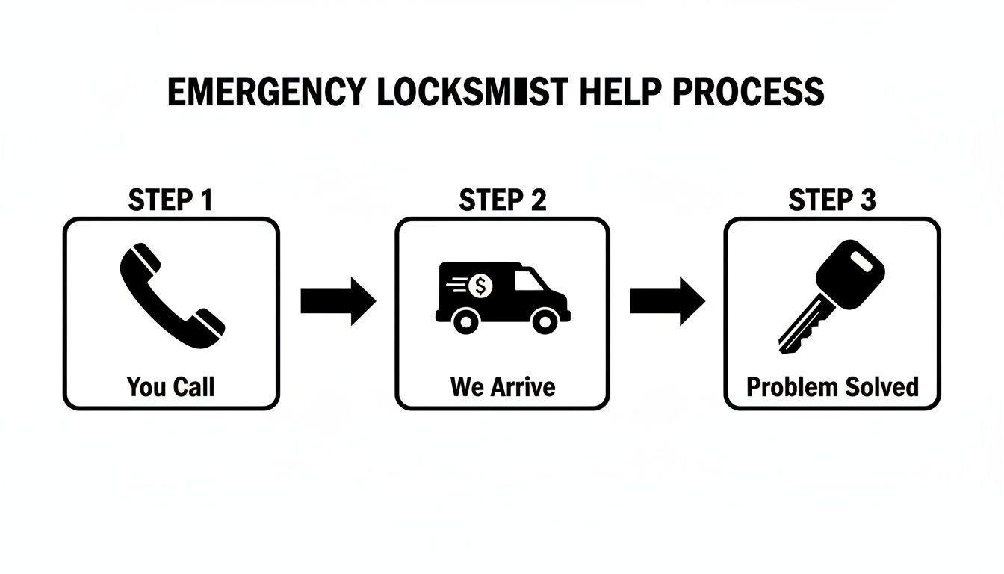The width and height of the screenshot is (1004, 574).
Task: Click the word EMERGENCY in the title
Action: coord(266,92)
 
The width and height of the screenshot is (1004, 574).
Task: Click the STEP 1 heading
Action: coord(170,200)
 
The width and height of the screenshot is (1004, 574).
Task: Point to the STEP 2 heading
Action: coord(502,200)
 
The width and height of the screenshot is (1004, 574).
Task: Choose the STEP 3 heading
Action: coord(832,200)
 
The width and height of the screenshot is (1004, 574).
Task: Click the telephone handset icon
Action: coord(171,296)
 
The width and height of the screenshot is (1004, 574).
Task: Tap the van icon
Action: coord(502,296)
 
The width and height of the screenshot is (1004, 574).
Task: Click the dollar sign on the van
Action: coord(482,285)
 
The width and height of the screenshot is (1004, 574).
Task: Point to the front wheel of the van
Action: coord(544,321)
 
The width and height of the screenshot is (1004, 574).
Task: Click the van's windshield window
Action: coord(530,280)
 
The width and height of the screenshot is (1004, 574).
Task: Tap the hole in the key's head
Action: coord(861,261)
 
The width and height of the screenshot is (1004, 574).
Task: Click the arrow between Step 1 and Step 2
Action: coord(338,300)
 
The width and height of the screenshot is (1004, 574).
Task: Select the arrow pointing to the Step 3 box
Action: coord(667,300)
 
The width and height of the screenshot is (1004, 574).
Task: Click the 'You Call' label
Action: coord(170,386)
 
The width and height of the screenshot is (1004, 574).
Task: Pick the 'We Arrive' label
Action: coord(502,386)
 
